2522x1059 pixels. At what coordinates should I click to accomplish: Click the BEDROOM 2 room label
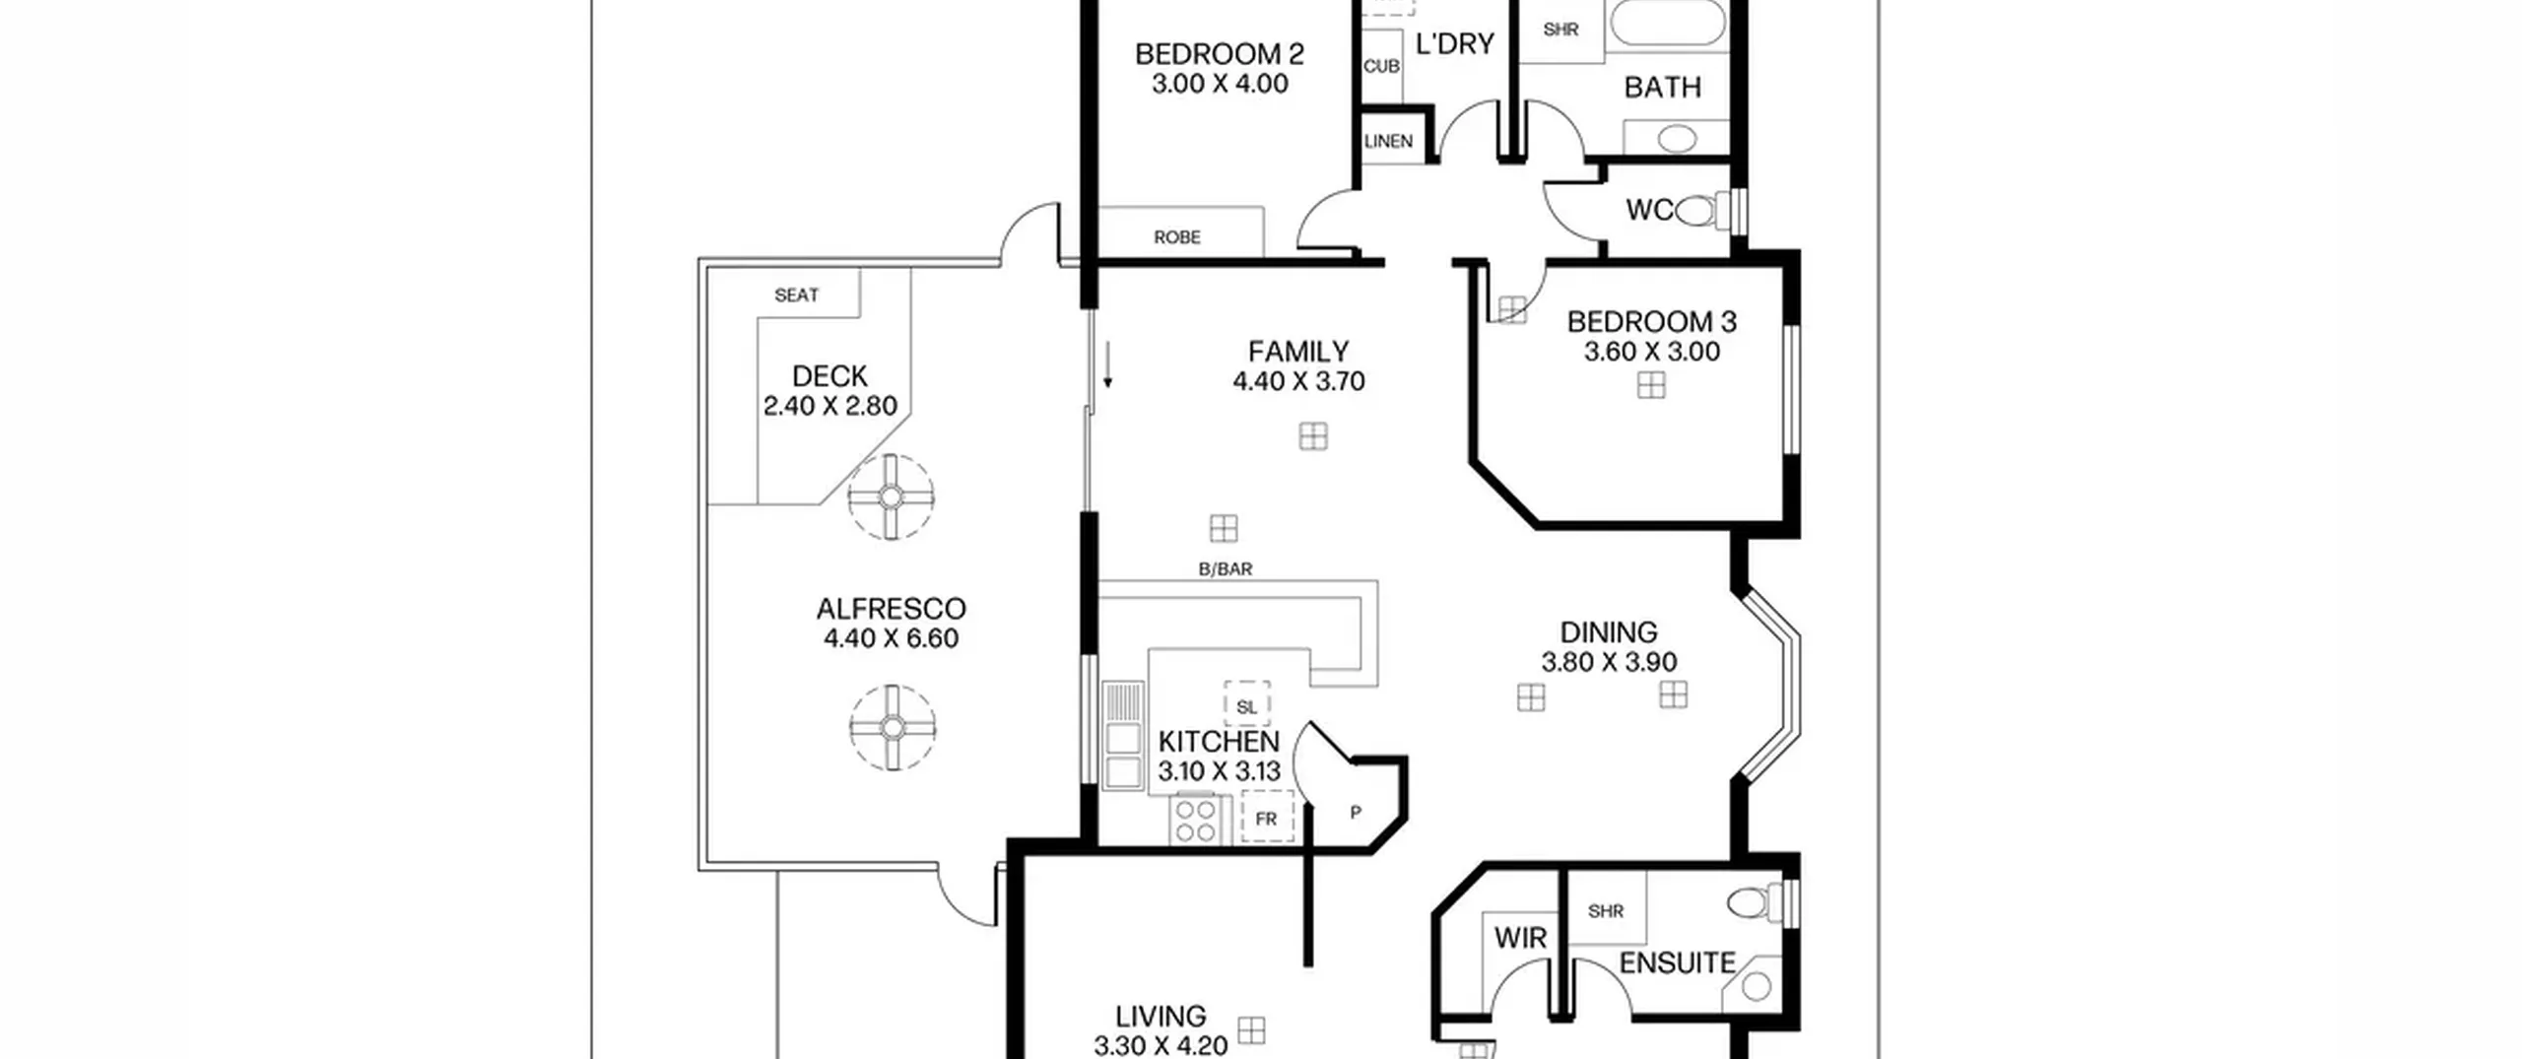click(x=1220, y=54)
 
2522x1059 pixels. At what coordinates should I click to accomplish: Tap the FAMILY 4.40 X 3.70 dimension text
click(x=1298, y=381)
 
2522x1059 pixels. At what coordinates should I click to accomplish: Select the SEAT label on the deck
click(x=796, y=295)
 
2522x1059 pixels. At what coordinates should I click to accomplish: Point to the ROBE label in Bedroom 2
click(x=1177, y=237)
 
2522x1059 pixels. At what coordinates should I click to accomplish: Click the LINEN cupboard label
click(x=1388, y=142)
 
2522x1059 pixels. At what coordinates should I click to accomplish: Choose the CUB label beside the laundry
click(x=1381, y=66)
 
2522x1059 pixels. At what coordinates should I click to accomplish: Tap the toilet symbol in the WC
click(x=1703, y=210)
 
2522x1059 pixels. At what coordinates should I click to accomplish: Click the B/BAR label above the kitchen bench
click(x=1226, y=569)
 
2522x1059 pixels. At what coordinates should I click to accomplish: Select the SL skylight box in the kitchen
click(x=1247, y=705)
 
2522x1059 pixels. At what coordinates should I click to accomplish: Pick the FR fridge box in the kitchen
click(x=1267, y=818)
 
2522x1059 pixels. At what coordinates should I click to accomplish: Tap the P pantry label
click(x=1356, y=813)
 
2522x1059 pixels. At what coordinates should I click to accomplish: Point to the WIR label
click(x=1521, y=938)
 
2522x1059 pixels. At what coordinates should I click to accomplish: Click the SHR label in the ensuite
click(x=1606, y=911)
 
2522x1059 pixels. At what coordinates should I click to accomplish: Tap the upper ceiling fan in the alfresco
click(x=891, y=496)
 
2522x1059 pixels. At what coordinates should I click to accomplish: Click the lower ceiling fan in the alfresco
click(x=893, y=728)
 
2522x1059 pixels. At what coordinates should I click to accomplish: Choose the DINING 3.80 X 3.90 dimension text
click(x=1609, y=662)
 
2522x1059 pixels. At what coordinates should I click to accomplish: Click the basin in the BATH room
click(x=1677, y=138)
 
